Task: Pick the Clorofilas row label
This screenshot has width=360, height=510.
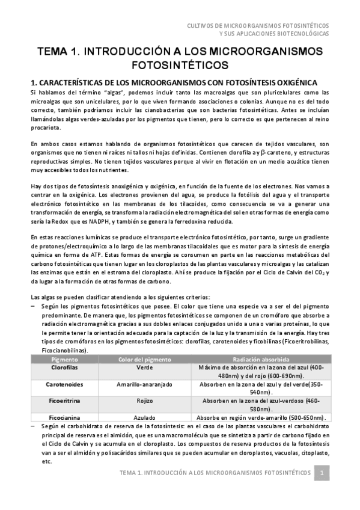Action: click(x=67, y=367)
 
